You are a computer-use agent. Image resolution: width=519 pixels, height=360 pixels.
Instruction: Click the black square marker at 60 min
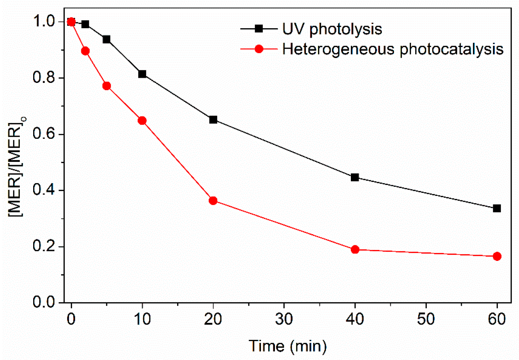point(496,209)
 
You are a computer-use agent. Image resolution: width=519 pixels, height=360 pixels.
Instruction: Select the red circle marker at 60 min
point(497,256)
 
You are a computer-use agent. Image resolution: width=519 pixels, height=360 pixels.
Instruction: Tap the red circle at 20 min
point(213,201)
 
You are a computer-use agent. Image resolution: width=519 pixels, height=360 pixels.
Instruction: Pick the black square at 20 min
point(213,120)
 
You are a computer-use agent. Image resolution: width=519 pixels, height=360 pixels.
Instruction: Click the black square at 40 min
point(355,177)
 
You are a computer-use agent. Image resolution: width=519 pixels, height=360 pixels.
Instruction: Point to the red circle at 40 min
point(355,249)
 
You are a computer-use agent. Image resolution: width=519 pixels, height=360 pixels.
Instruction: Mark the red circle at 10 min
point(142,121)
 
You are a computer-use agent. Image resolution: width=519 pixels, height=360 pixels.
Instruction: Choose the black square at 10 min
point(142,74)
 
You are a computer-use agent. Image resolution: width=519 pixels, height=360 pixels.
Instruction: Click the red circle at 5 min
point(106,86)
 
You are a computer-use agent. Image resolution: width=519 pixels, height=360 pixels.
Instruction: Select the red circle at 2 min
point(85,51)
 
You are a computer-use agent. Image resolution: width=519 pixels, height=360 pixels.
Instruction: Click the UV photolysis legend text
point(332,29)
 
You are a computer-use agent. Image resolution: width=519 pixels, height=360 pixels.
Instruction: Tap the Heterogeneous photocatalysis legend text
point(393,49)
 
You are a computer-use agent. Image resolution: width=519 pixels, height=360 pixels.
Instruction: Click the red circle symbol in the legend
point(259,49)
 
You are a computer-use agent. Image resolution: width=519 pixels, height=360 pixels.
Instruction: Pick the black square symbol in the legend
point(259,29)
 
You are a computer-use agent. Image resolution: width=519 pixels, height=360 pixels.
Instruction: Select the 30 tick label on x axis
point(284,319)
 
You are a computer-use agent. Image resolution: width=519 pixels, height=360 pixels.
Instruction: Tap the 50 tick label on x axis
point(425,319)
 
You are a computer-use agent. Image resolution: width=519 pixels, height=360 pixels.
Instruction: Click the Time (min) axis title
point(288,346)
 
